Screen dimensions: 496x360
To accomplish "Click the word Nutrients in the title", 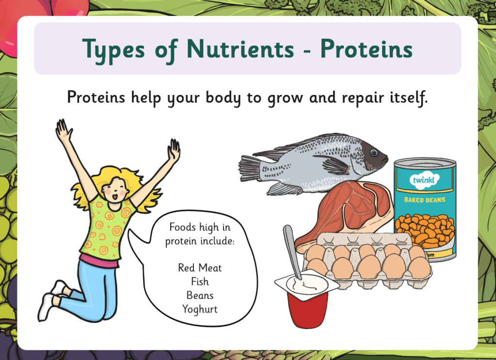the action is coord(240,49).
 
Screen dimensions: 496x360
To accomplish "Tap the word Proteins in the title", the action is coord(367,49).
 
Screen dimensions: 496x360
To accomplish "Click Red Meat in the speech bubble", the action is coord(200,268).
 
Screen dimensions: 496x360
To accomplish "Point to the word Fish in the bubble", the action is coord(200,282).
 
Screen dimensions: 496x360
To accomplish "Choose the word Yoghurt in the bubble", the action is coord(200,309).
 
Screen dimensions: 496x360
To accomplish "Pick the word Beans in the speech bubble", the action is coord(200,295).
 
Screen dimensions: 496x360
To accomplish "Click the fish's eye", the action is coord(374,153).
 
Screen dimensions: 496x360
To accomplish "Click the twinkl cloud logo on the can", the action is coord(424,180).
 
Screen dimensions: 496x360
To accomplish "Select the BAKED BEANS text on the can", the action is coord(425,200).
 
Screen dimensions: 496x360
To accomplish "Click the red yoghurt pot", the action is coord(307,308).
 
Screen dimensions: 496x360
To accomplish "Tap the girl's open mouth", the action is coord(115,197).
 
